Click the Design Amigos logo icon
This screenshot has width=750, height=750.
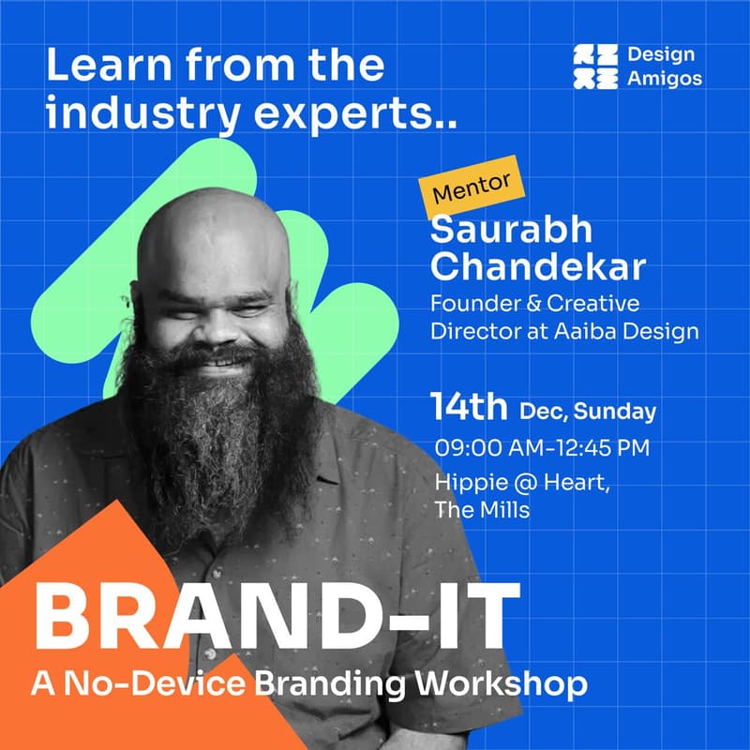[x=595, y=67]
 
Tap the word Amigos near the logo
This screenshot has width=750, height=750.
[x=666, y=79]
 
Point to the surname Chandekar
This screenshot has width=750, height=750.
[x=537, y=267]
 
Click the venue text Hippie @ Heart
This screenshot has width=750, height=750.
[x=516, y=483]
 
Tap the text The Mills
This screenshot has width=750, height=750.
[x=482, y=510]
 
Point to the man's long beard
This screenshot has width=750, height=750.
[x=220, y=441]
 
